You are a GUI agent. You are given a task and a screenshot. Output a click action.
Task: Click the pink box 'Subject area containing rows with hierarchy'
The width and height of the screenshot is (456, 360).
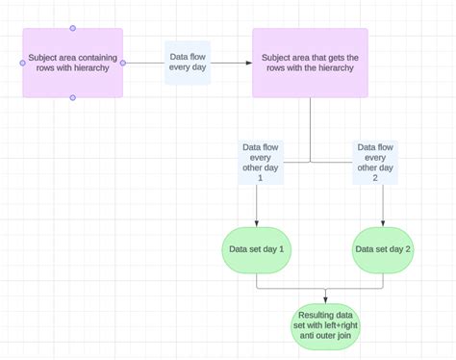pyautogui.click(x=72, y=64)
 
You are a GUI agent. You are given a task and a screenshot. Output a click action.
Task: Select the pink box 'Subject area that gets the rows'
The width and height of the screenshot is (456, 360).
pyautogui.click(x=310, y=64)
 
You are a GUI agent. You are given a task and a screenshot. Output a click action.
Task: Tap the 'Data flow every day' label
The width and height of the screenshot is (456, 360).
pyautogui.click(x=188, y=63)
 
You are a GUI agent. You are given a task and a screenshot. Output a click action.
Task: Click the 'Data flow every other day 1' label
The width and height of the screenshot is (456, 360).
pyautogui.click(x=260, y=163)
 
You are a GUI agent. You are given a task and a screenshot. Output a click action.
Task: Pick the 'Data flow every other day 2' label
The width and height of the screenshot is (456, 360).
pyautogui.click(x=375, y=163)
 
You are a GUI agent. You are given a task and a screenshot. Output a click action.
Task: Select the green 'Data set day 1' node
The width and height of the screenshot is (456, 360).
pyautogui.click(x=257, y=249)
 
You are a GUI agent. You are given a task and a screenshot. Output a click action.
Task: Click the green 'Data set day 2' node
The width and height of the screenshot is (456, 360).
pyautogui.click(x=383, y=249)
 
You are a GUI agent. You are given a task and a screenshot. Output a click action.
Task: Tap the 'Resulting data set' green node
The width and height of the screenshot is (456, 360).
pyautogui.click(x=325, y=325)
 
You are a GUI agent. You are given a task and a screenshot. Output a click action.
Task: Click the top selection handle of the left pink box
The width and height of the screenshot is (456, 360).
pyautogui.click(x=73, y=28)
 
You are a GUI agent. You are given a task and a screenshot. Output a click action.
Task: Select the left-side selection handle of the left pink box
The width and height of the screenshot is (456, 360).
pyautogui.click(x=23, y=63)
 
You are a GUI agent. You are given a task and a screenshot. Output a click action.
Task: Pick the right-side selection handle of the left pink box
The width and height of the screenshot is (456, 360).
pyautogui.click(x=123, y=63)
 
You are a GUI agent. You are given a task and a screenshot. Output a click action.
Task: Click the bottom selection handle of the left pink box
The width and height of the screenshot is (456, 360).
pyautogui.click(x=73, y=98)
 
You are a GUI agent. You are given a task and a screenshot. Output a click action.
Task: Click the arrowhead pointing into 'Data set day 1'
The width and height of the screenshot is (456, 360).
pyautogui.click(x=257, y=223)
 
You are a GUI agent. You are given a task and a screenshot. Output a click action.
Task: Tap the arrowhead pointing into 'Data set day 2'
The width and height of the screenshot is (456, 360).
pyautogui.click(x=383, y=223)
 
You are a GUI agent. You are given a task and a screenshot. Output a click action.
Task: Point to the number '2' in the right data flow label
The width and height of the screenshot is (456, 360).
pyautogui.click(x=375, y=179)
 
